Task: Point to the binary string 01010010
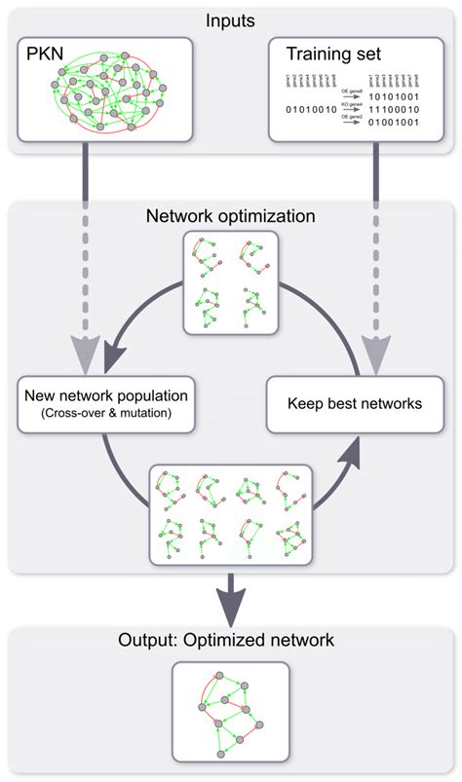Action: click(311, 109)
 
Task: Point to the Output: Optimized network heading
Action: click(226, 640)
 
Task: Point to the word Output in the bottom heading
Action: click(143, 640)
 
